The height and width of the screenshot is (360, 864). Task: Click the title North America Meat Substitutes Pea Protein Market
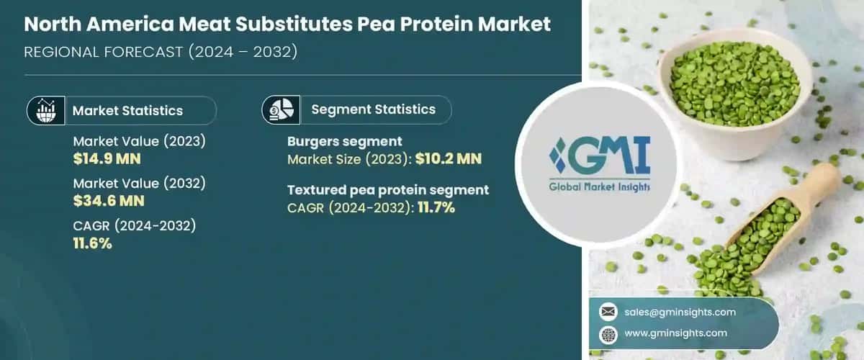point(288,24)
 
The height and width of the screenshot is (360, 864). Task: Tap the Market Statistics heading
point(127,110)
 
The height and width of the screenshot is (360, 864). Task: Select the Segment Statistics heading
point(373,109)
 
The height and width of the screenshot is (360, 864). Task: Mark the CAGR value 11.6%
point(92,243)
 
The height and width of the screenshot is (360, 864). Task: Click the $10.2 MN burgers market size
point(447,158)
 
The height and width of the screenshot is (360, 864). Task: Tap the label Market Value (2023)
point(140,141)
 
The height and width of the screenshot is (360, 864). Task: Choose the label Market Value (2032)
point(140,184)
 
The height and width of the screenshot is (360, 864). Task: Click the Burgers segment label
point(345,141)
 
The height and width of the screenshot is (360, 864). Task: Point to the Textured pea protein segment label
point(388,190)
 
